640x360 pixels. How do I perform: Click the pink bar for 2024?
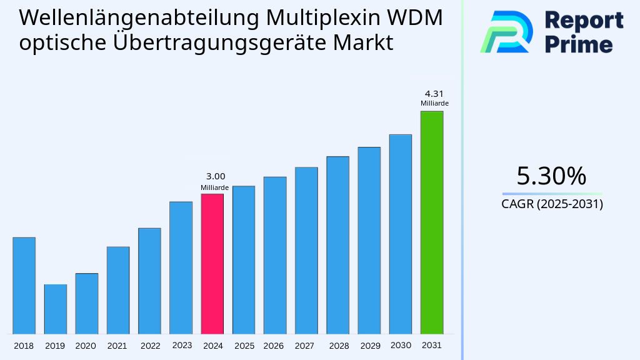tap(212, 264)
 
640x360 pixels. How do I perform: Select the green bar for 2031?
tap(431, 222)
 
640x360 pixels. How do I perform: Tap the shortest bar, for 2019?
tap(55, 309)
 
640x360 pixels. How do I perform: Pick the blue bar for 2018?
tap(24, 286)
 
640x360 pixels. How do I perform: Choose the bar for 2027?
tap(306, 250)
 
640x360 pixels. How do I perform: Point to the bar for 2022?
tap(149, 281)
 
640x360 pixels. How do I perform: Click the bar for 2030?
tap(400, 234)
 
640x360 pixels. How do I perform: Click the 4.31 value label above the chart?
tap(434, 93)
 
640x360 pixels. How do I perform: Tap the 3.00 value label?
tap(215, 176)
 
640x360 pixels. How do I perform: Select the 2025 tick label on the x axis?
tap(244, 346)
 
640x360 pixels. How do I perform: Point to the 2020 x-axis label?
tap(86, 346)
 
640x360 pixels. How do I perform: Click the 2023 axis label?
tap(181, 345)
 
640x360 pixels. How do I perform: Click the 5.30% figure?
tap(551, 176)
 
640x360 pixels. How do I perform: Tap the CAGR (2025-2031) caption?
tap(552, 204)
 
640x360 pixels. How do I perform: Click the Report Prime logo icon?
tap(506, 31)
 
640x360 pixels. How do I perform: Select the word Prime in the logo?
tap(579, 44)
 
